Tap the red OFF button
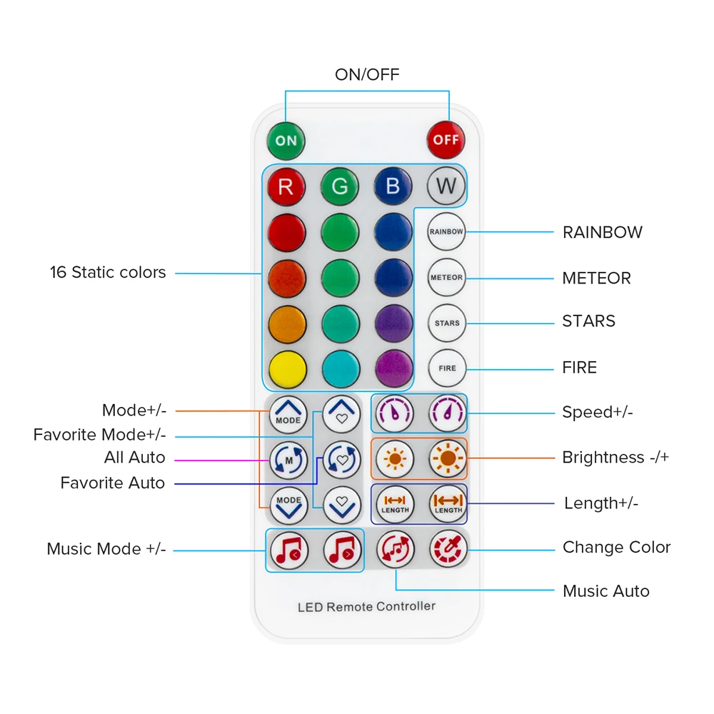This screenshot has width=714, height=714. tap(446, 140)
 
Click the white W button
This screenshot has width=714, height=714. tap(446, 187)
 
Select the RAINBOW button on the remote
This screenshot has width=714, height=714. tap(446, 232)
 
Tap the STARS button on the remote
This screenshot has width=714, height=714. tap(447, 323)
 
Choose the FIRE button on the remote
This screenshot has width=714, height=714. tap(447, 368)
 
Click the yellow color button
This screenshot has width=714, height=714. tap(287, 369)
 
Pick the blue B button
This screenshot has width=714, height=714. tap(393, 187)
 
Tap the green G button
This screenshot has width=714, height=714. tap(340, 187)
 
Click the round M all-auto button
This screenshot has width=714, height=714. tap(288, 461)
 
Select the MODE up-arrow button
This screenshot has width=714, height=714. tap(288, 415)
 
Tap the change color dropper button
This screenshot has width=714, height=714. tap(448, 549)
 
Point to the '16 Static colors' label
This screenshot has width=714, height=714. tap(108, 272)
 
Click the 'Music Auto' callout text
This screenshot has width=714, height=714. tap(605, 591)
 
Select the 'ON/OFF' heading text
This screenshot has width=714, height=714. tap(367, 74)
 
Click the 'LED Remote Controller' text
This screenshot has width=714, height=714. tap(366, 607)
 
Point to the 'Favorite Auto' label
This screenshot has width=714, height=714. tap(113, 483)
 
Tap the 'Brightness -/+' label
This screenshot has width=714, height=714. tap(615, 458)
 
